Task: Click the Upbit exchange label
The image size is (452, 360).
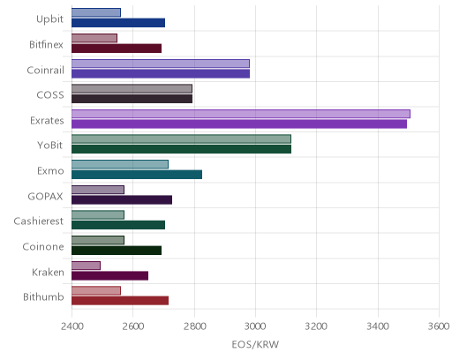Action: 49,19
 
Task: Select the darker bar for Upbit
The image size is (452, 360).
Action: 118,23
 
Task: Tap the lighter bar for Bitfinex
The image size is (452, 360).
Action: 94,38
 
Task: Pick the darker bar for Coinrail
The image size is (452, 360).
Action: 161,73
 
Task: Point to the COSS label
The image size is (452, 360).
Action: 50,95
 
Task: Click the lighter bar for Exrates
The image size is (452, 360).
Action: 241,114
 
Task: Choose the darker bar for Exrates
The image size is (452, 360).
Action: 239,124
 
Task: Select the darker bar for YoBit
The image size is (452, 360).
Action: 181,149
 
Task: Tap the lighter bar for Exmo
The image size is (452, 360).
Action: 120,164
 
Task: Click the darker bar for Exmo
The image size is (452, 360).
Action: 137,175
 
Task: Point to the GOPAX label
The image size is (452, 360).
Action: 45,196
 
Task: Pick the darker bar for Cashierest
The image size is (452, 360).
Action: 118,225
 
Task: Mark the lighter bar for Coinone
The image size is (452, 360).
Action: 98,240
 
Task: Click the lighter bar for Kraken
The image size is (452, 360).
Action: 86,266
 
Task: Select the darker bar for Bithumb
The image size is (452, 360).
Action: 120,301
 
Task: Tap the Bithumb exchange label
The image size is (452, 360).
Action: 43,296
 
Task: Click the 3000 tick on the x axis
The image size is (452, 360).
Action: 255,326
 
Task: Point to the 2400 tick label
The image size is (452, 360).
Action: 72,326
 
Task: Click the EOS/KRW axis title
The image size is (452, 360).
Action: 255,344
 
